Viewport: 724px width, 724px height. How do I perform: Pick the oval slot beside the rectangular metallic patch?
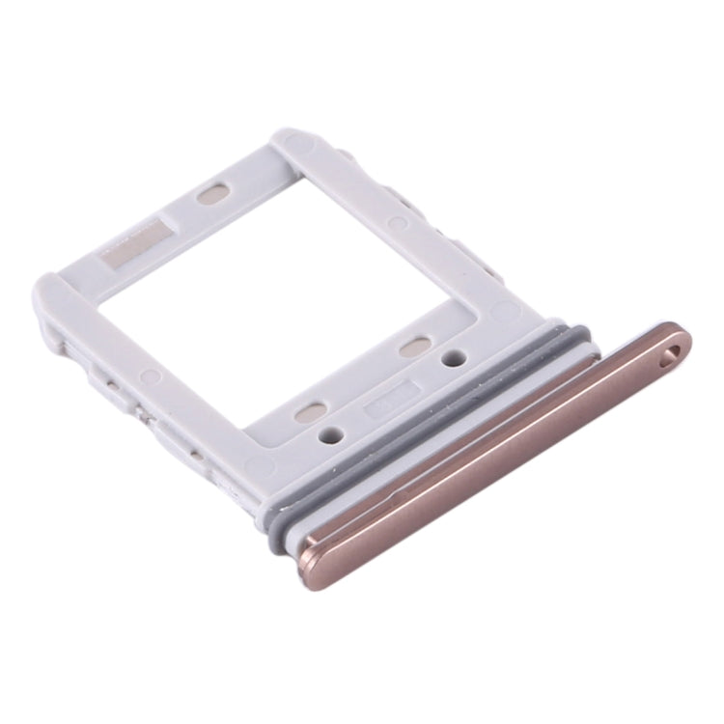(x=211, y=193)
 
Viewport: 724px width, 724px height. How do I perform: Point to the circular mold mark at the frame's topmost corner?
(x=308, y=148)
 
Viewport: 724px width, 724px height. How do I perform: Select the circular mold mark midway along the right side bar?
(x=397, y=223)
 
